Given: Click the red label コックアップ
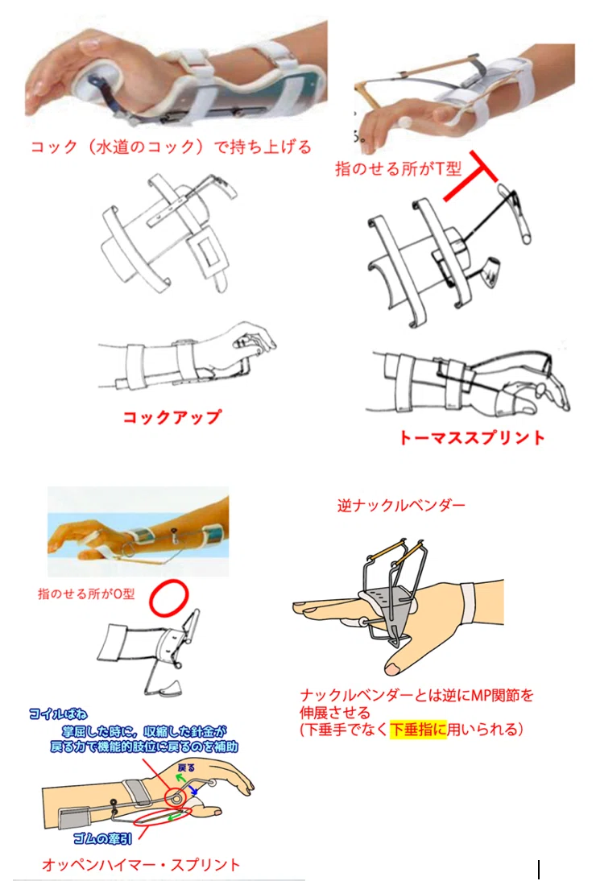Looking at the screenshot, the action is click(x=172, y=417).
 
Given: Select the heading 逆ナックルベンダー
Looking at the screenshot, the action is click(x=401, y=506).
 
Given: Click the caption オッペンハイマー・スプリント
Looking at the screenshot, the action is click(x=141, y=864).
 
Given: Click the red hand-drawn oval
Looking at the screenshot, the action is click(x=168, y=598).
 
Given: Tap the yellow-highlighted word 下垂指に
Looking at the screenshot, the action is click(x=418, y=730).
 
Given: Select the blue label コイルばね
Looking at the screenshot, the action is click(x=59, y=713).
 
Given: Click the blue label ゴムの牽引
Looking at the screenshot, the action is click(x=103, y=838).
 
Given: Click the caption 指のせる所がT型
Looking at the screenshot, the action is click(x=398, y=168).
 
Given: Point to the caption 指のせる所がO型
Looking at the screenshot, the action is click(x=86, y=594).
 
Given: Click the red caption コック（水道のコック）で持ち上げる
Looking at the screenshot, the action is click(x=171, y=147).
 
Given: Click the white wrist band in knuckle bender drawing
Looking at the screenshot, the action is click(x=468, y=604).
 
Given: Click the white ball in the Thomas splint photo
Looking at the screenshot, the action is click(x=404, y=122).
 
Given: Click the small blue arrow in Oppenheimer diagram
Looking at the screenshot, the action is click(x=193, y=790).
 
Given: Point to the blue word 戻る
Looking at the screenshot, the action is click(x=186, y=767).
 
